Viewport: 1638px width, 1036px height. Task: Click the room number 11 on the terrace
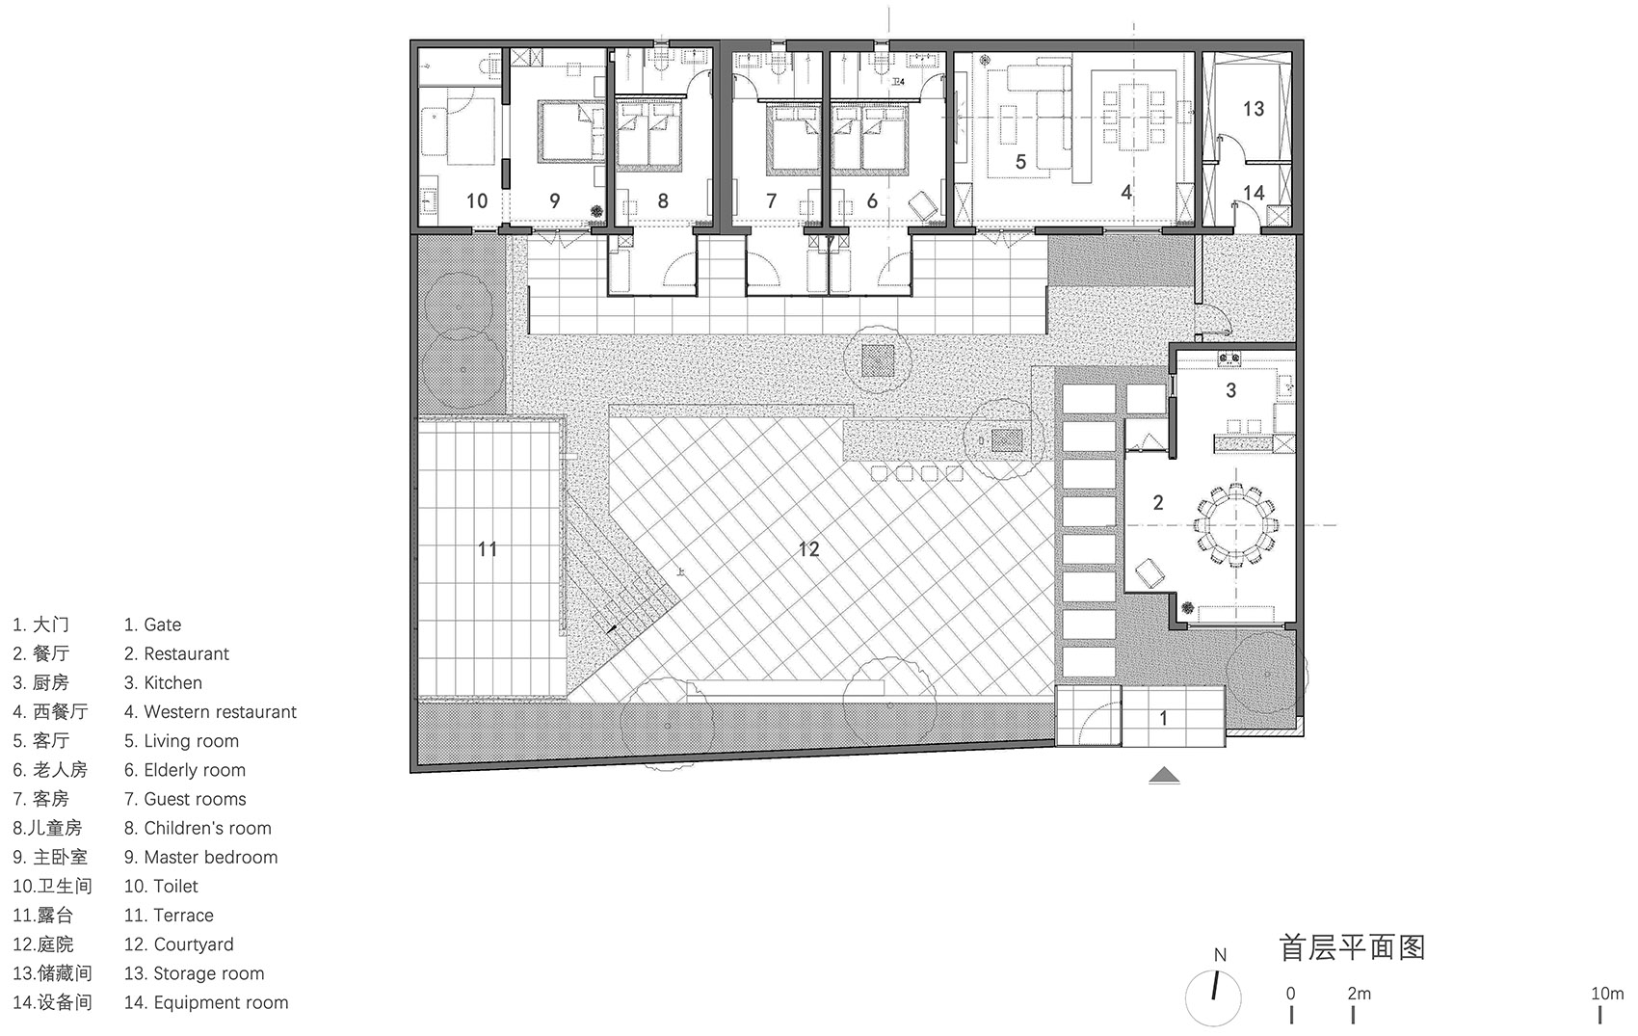coord(488,549)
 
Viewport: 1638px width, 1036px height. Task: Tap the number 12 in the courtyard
coord(808,549)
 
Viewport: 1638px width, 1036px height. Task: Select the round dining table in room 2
coord(1235,525)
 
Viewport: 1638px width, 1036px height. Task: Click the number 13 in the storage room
coord(1253,109)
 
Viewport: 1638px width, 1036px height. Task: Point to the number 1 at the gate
coord(1163,718)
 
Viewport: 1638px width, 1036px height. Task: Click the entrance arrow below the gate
coord(1164,775)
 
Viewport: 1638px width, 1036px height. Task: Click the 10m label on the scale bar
coord(1606,993)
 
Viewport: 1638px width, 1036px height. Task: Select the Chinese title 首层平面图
coord(1352,947)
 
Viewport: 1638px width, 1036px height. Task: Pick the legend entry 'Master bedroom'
coord(210,857)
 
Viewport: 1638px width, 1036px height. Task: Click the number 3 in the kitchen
coord(1230,390)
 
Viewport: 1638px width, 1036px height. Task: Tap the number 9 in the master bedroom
coord(554,200)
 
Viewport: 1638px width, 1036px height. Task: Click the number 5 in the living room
coord(1020,162)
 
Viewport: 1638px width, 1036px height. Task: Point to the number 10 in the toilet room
coord(477,200)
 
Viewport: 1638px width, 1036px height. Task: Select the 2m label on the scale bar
coord(1359,993)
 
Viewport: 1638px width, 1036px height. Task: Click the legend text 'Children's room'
coord(207,828)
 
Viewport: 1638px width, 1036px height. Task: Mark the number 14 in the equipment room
coord(1253,193)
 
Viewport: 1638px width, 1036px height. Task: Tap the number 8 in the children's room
coord(663,200)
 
